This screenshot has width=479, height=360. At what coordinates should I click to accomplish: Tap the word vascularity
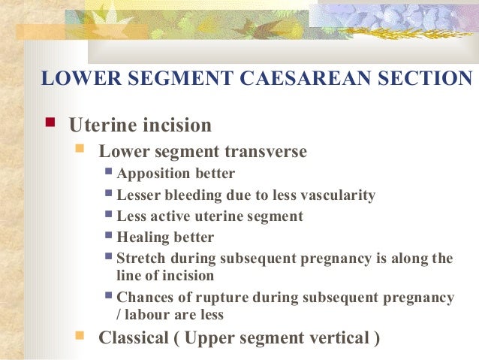[x=337, y=195]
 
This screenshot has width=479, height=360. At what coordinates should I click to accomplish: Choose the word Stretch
[x=140, y=259]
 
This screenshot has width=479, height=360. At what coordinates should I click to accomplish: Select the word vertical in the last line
[x=339, y=337]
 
